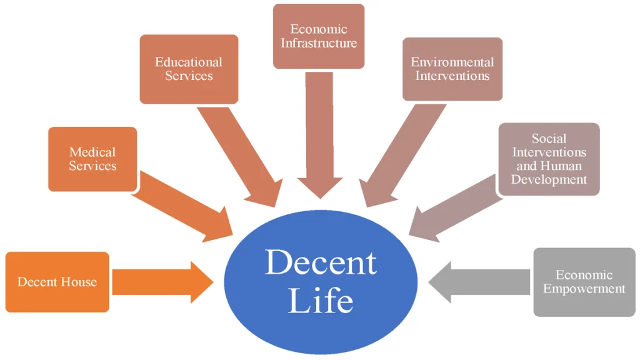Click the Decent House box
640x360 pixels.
coord(57,282)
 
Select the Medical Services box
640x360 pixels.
coord(92,159)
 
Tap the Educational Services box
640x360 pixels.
coord(189,69)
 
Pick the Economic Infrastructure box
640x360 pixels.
coord(319,36)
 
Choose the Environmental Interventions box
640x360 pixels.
coord(452,69)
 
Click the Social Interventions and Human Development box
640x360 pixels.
coord(549,159)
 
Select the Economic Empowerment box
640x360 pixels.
coord(584,282)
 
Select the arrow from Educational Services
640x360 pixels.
coord(241,157)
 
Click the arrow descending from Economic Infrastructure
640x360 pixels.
coord(319,137)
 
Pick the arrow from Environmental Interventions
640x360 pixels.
coord(401,157)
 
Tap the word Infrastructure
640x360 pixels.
coord(319,43)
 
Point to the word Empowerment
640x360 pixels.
coord(584,289)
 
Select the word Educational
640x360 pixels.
coord(189,62)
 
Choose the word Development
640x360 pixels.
coord(549,179)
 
